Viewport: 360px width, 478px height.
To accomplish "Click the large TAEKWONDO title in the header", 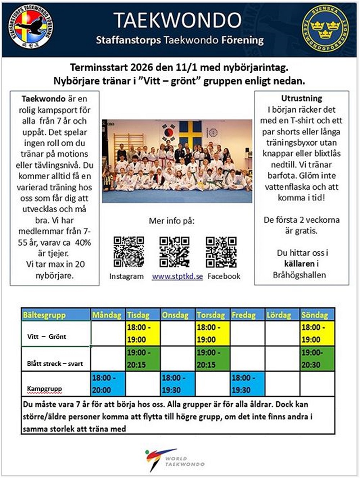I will (x=178, y=20).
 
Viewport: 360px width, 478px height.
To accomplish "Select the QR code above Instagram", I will (x=129, y=252).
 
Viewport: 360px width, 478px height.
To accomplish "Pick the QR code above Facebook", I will (x=221, y=252).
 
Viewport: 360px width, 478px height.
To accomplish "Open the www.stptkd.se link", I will (x=177, y=276).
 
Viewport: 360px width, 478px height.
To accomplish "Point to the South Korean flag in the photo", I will (x=168, y=133).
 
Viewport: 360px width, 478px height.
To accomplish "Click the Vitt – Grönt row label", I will (x=47, y=337).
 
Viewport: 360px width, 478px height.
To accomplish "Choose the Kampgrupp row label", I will (x=44, y=389).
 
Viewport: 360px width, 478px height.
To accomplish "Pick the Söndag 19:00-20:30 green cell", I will (x=317, y=358).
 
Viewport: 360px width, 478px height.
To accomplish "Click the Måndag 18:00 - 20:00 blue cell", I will (x=108, y=384).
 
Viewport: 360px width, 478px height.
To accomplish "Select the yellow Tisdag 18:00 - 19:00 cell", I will (x=143, y=333).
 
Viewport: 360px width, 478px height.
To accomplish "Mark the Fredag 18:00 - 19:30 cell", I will (x=247, y=384).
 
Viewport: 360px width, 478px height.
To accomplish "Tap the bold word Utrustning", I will (x=302, y=98).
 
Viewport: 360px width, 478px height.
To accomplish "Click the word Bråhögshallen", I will (x=300, y=275).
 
